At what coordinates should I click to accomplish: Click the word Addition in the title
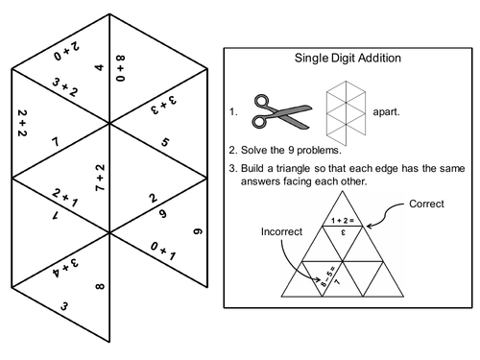(375, 58)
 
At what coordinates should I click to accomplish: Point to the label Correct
(426, 204)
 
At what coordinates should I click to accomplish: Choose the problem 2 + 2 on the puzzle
(21, 124)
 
